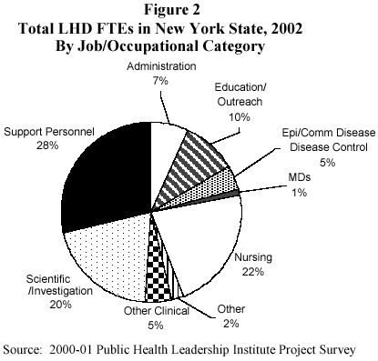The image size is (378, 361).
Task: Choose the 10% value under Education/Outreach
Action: tap(239, 115)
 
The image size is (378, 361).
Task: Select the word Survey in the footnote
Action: tap(338, 349)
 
